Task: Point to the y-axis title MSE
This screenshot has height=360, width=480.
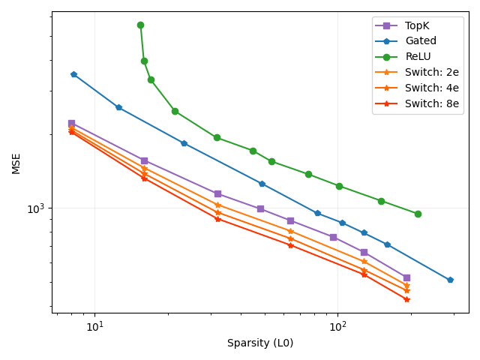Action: click(16, 163)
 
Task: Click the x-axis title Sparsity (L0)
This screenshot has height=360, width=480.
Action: click(260, 343)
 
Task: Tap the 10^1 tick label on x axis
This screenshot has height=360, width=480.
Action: click(94, 327)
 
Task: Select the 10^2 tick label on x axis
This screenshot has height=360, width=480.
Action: click(337, 327)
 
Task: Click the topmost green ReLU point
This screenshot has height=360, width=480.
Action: click(140, 25)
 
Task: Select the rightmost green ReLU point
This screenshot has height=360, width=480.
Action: click(418, 214)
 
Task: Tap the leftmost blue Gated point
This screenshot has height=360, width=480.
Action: click(73, 74)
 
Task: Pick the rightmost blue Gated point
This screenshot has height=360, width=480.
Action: click(450, 280)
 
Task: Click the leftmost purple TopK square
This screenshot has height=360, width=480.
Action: click(71, 123)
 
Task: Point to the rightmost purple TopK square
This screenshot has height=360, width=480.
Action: click(406, 277)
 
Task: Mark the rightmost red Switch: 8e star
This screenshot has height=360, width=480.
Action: click(406, 299)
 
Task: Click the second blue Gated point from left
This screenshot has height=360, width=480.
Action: click(118, 107)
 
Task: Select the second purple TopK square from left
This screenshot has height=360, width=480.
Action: click(144, 160)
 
